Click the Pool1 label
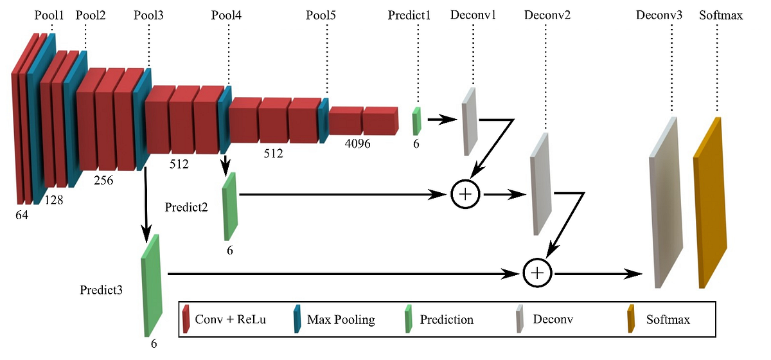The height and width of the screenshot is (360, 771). (x=50, y=15)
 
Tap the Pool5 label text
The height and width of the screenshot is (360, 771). (x=321, y=15)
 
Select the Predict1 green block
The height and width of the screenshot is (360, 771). (x=416, y=121)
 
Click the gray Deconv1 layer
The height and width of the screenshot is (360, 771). (x=470, y=121)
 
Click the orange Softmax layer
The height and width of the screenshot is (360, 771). (x=710, y=203)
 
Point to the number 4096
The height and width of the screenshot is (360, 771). (x=357, y=144)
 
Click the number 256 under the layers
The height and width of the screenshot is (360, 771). (x=103, y=181)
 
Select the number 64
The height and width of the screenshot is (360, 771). (x=22, y=216)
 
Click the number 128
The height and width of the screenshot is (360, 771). (x=54, y=201)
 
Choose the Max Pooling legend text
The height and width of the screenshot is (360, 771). (x=341, y=319)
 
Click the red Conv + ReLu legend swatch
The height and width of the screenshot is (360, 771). (x=186, y=319)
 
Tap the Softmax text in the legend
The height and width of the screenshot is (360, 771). (x=668, y=319)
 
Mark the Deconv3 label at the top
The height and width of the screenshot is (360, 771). (x=659, y=15)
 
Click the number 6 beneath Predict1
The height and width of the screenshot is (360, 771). (x=416, y=144)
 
